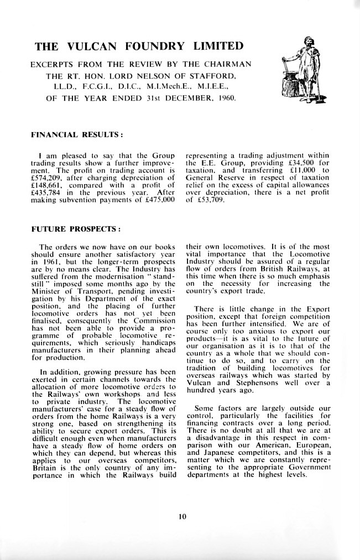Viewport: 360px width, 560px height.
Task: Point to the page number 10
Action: [x=182, y=517]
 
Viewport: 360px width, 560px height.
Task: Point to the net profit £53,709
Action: [x=211, y=201]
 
